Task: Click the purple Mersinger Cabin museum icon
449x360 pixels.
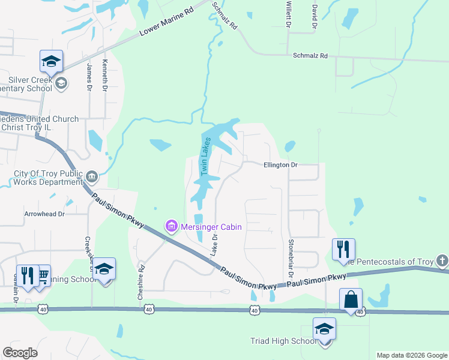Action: pyautogui.click(x=171, y=226)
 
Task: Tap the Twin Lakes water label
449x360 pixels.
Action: pyautogui.click(x=206, y=158)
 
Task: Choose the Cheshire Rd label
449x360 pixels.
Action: pyautogui.click(x=142, y=278)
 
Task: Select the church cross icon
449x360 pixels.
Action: pyautogui.click(x=442, y=261)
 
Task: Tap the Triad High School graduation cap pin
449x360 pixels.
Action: pyautogui.click(x=324, y=329)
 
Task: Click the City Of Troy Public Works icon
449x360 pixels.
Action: pyautogui.click(x=91, y=176)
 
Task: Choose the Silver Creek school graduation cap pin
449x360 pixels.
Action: pyautogui.click(x=52, y=61)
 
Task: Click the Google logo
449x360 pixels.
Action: pyautogui.click(x=20, y=353)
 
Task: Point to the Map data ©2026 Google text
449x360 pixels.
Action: pyautogui.click(x=411, y=355)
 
